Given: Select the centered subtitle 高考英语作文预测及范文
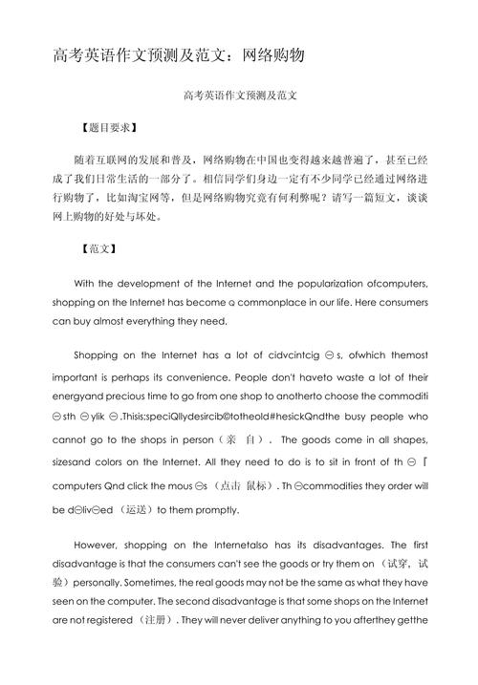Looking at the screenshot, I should [239, 96].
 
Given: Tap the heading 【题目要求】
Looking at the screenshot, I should [108, 127].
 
